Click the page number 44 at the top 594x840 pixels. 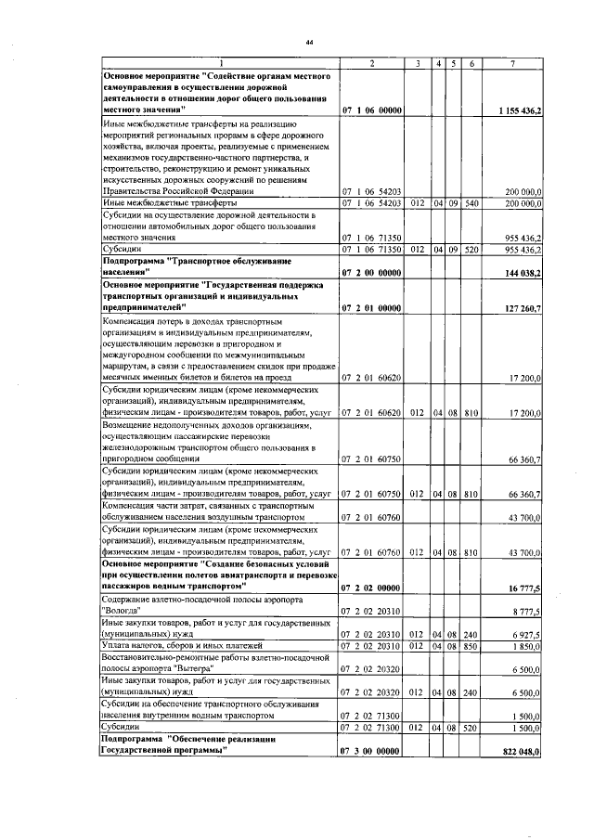(x=308, y=43)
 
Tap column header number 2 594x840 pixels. (x=371, y=63)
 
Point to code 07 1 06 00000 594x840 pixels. (x=371, y=110)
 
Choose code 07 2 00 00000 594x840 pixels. (x=371, y=273)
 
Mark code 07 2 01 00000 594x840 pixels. (x=371, y=307)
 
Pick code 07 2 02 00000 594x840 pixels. (x=371, y=588)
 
